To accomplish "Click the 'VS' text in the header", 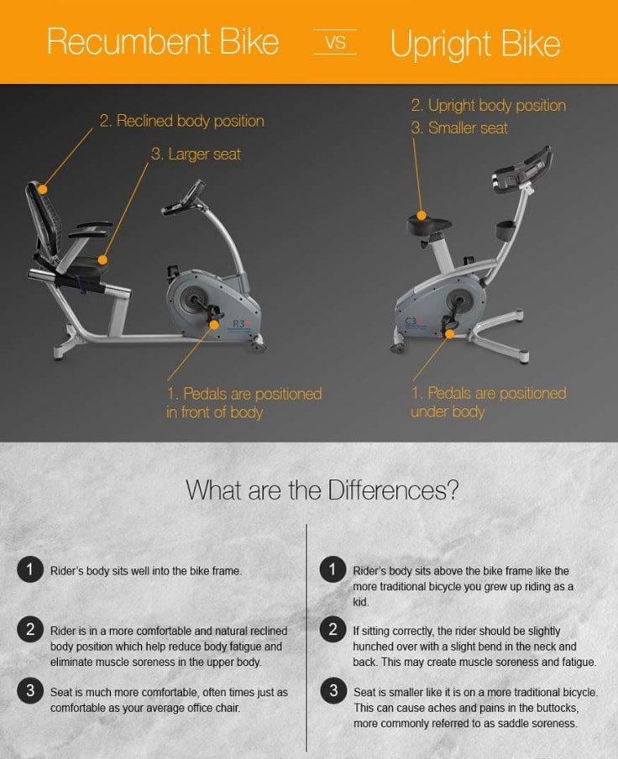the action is point(335,42).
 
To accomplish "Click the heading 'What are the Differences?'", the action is point(322,489).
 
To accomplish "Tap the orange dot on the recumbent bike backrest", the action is point(43,189).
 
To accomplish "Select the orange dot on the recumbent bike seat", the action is point(102,260).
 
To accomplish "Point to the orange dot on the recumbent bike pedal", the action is point(214,325).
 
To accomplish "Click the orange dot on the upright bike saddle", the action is point(422,216).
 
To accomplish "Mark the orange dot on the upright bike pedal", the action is point(450,333).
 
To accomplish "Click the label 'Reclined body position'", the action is point(191,121).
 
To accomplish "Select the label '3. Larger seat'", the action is point(196,154).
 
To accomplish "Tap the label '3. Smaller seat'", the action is point(459,128).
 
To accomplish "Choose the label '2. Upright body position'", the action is point(489,106).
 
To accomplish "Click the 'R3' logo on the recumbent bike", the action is point(240,323).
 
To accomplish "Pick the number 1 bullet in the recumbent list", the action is point(30,569).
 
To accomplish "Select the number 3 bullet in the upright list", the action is point(333,691).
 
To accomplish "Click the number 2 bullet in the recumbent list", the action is point(30,629).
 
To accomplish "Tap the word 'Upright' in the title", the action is point(439,44).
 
